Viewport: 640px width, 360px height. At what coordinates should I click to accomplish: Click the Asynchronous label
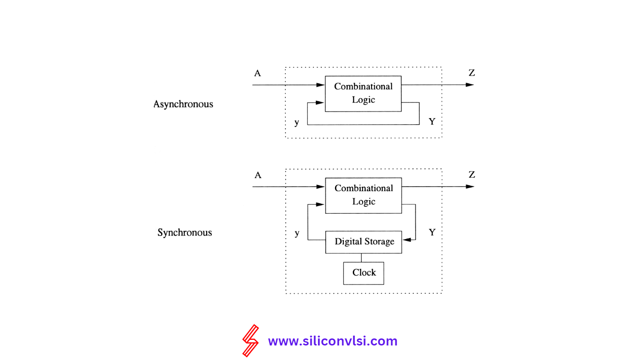click(183, 104)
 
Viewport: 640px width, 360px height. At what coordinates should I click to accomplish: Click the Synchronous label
click(185, 232)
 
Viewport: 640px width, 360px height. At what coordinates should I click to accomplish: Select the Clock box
click(364, 273)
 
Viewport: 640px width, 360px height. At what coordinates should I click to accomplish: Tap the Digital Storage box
click(364, 242)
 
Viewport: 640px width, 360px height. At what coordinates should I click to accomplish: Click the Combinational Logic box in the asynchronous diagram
click(363, 93)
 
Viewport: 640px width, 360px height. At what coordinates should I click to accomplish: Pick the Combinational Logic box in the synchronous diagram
click(364, 195)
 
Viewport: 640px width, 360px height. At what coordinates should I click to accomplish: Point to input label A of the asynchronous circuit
click(257, 73)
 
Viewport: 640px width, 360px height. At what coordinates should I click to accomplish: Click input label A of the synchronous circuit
click(258, 175)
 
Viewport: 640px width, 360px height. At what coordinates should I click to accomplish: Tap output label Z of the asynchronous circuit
click(472, 73)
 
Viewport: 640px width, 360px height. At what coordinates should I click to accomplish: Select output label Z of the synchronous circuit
click(472, 175)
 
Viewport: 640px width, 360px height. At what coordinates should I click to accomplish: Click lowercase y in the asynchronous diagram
click(297, 122)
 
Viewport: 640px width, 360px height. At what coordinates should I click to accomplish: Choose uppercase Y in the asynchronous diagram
click(432, 122)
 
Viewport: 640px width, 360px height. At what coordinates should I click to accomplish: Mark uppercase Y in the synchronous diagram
click(432, 232)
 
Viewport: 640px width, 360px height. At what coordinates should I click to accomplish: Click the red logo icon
click(250, 340)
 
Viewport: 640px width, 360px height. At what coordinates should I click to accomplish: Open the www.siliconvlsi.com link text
click(333, 341)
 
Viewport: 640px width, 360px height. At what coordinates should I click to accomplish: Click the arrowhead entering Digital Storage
click(407, 240)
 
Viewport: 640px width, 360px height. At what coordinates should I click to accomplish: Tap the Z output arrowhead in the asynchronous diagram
click(470, 85)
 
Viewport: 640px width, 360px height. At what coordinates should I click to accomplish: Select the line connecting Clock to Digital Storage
click(361, 257)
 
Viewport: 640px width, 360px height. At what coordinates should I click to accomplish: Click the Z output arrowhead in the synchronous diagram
click(470, 187)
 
